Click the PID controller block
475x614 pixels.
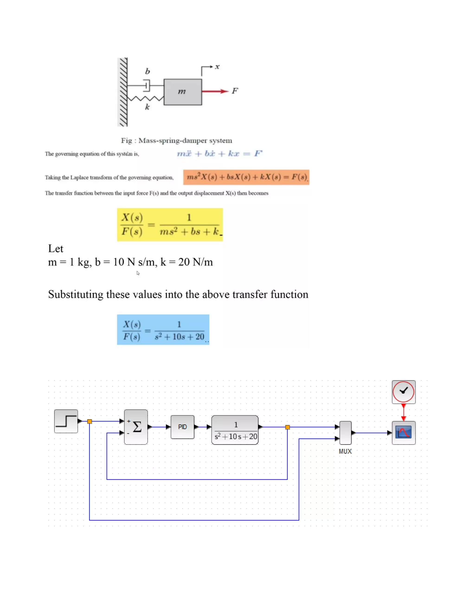182,427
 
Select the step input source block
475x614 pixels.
66,421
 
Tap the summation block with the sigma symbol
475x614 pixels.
136,427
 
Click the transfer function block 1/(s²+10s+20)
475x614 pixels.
235,430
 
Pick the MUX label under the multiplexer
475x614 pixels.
345,451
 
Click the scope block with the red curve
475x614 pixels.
404,433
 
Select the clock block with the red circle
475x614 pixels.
404,392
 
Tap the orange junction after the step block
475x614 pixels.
90,421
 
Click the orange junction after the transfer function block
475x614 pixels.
287,427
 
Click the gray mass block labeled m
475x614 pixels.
183,92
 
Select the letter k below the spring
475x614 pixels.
147,107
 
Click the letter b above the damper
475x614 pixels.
147,71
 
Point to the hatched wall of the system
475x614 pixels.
123,92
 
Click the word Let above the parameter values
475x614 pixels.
55,249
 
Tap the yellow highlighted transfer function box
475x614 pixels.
170,224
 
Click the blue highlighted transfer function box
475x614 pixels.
163,329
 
